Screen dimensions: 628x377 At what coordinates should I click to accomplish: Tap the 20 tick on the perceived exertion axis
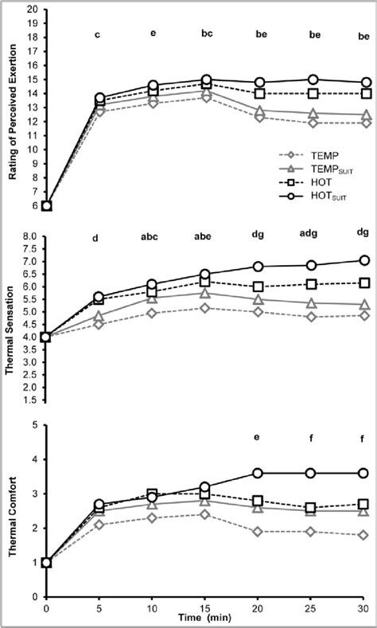point(34,10)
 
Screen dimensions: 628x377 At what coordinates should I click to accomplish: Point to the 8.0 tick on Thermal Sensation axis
point(32,236)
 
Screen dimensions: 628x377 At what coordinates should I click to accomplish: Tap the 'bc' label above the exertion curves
point(206,34)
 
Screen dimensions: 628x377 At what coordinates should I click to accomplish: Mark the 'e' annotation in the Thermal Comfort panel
point(258,437)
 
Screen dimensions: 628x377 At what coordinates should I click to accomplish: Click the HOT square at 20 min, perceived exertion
point(258,93)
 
